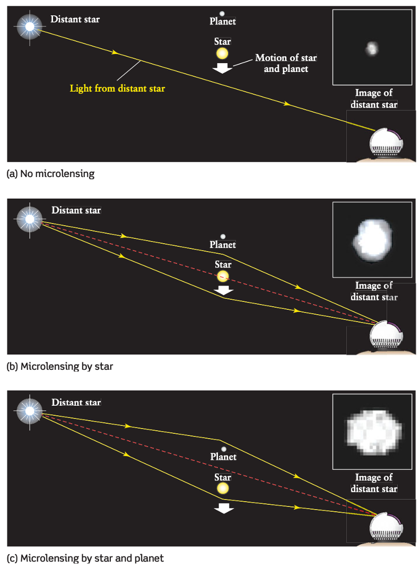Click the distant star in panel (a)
point(30,26)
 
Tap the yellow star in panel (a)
point(222,54)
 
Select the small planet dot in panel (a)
point(222,13)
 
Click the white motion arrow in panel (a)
point(222,68)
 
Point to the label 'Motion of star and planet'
point(286,63)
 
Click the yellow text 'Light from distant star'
point(117,88)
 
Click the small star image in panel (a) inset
point(372,48)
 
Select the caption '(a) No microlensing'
point(50,174)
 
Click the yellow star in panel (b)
point(223,275)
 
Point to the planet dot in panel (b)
point(223,237)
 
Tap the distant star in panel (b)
point(30,219)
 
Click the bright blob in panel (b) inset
point(372,240)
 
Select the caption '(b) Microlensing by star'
point(60,366)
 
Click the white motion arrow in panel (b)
point(223,290)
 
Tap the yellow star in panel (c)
point(223,488)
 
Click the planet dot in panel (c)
point(224,449)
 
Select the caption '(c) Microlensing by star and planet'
point(85,558)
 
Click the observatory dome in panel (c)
point(386,527)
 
